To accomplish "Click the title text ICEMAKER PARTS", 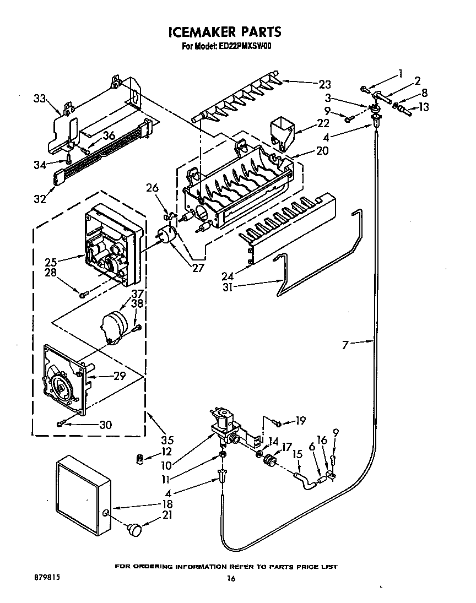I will click(x=224, y=32).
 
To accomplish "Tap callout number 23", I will click(x=324, y=84).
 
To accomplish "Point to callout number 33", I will click(x=39, y=99).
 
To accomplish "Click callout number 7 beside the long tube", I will click(x=345, y=345).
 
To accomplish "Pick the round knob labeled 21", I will click(x=134, y=530).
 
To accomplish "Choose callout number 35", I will click(x=167, y=440).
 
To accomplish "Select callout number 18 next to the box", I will click(x=167, y=504).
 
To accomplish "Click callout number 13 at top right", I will click(x=424, y=107).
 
